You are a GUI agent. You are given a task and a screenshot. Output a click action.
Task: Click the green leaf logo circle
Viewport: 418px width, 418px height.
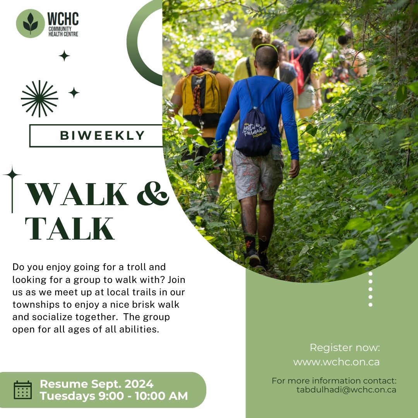[x=30, y=24]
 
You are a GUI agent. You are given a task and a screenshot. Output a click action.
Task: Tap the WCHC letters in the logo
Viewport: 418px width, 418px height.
[x=63, y=19]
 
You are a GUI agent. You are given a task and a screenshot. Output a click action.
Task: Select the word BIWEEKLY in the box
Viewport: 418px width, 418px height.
[x=103, y=135]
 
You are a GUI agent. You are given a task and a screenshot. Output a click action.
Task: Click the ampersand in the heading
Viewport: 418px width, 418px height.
[x=153, y=193]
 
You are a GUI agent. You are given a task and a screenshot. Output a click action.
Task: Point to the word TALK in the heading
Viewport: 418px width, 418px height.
[x=70, y=229]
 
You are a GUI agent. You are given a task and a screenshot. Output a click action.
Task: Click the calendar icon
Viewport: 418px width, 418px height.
[x=23, y=390]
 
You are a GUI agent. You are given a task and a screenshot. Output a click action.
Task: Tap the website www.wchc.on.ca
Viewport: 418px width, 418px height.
[x=336, y=362]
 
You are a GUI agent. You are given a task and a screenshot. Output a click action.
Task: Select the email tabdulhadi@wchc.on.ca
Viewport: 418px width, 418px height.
[x=346, y=390]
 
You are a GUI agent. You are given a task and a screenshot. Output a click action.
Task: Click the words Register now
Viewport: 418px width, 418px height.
[x=344, y=348]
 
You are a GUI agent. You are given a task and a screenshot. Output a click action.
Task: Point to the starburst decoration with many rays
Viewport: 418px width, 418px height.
[x=39, y=99]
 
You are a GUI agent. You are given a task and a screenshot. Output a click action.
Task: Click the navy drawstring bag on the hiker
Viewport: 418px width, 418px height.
[x=254, y=133]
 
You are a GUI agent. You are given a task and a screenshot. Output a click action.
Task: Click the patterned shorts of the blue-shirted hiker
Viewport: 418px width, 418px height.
[x=257, y=173]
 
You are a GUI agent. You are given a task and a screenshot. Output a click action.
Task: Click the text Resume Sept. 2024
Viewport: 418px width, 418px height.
[x=96, y=384]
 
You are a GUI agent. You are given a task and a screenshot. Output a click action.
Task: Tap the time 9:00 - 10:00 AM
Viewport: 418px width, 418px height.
[x=143, y=396]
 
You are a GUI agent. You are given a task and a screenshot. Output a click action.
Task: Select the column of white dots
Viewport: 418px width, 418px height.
[x=370, y=289]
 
